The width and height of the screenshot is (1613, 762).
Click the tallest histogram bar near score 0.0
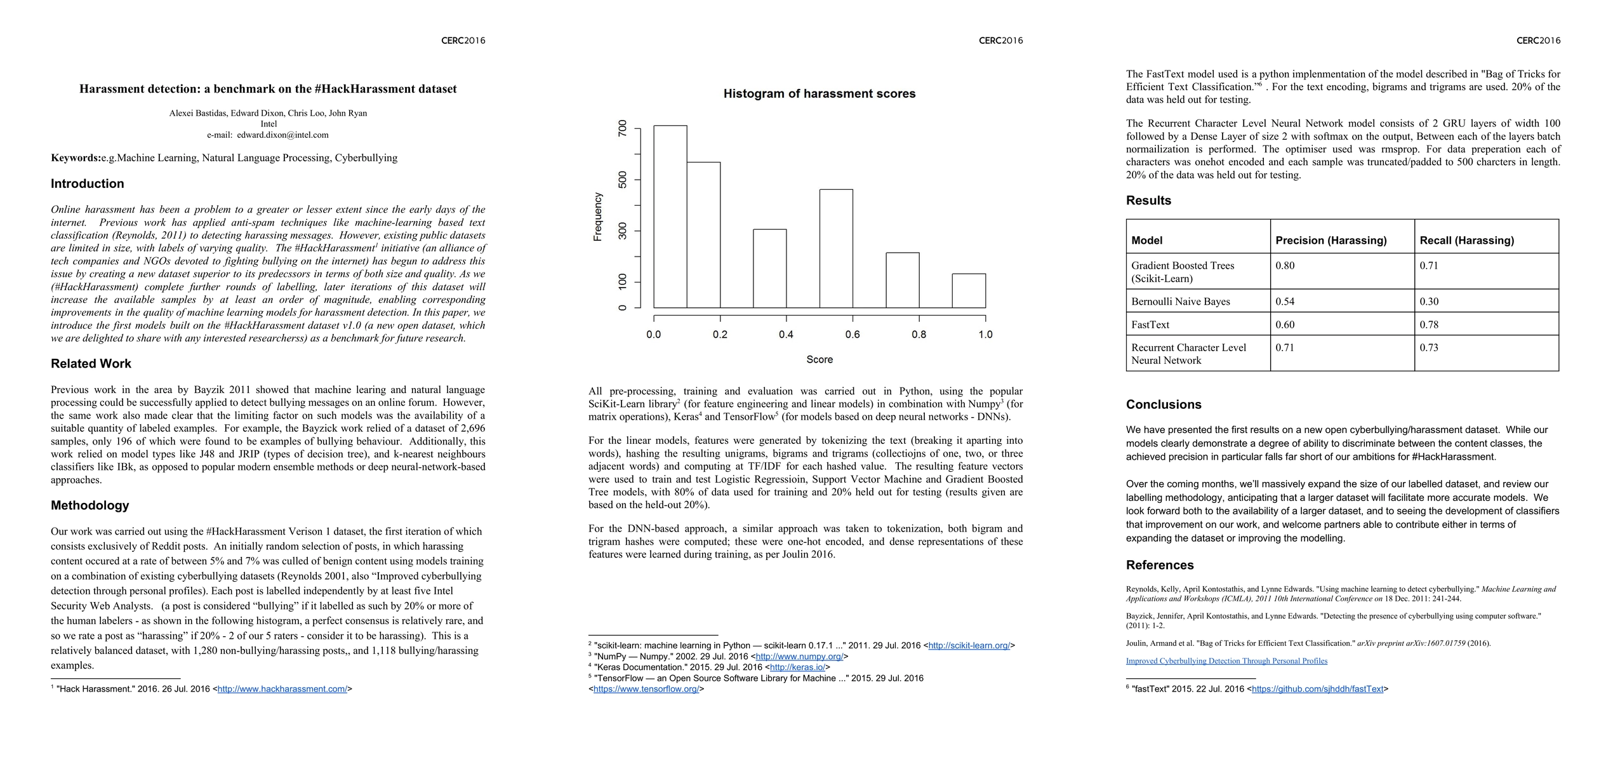[670, 216]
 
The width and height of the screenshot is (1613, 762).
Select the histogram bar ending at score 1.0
[969, 291]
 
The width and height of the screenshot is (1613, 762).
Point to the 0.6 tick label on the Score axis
[853, 335]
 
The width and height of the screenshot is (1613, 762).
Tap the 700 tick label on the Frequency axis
[623, 129]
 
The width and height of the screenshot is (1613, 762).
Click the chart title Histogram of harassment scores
[819, 94]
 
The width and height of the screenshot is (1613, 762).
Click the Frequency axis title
[597, 217]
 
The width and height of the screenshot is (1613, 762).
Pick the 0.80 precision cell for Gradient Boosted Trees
[1285, 265]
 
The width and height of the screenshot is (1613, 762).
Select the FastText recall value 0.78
[1429, 324]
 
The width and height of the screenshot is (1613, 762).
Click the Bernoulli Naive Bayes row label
[1180, 302]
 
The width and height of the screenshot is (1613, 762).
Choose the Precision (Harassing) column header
[1331, 241]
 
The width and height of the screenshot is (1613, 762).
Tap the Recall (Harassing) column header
[1466, 241]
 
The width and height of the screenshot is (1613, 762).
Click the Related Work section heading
[91, 364]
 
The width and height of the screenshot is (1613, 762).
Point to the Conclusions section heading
[1163, 404]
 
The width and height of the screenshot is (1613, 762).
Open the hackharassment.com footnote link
[282, 689]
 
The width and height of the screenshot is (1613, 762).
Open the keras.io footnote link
[797, 667]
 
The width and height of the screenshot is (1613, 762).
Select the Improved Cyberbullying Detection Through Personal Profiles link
[1226, 661]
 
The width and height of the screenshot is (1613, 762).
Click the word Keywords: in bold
[76, 158]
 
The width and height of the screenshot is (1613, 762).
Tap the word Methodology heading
[90, 505]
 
